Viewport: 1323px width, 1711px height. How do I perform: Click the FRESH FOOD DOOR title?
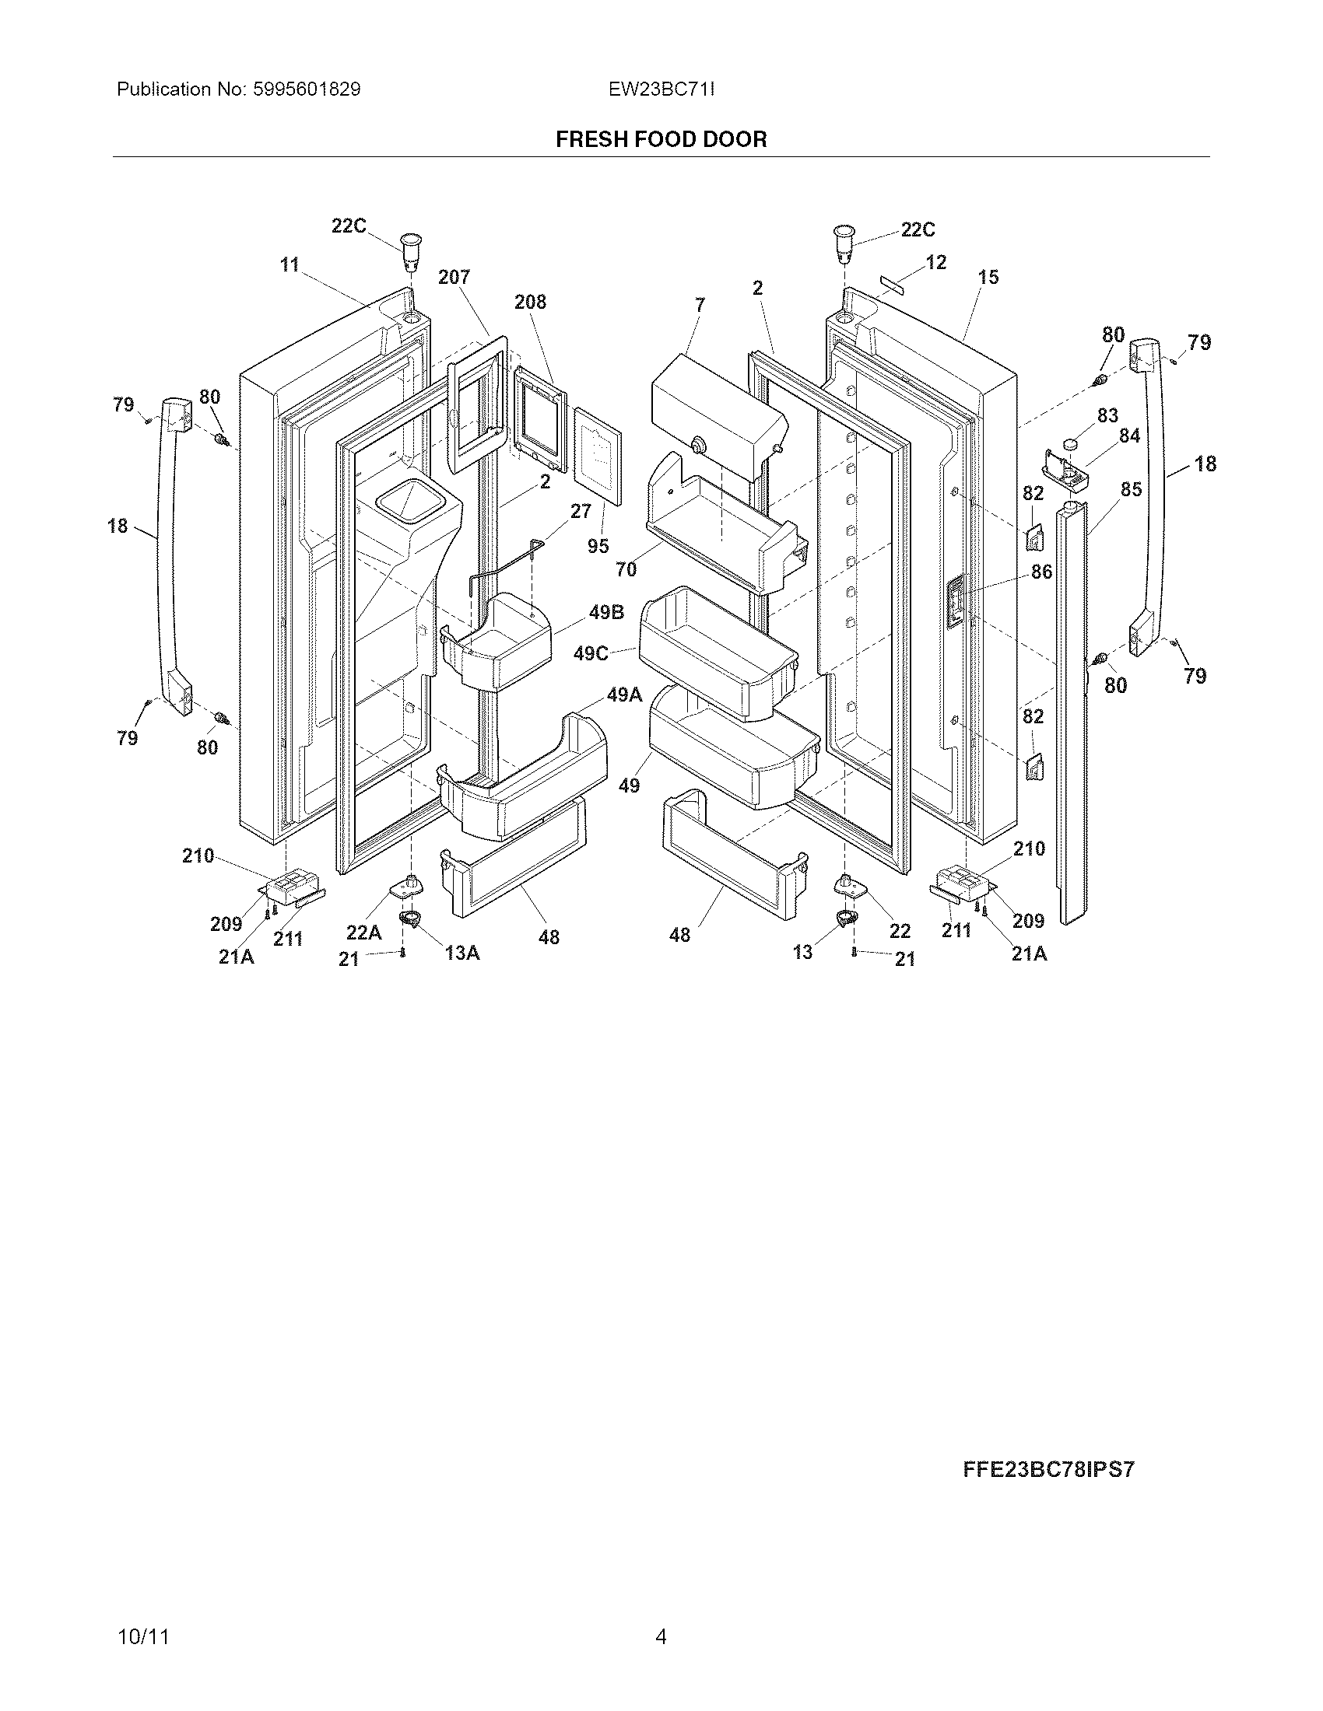[661, 139]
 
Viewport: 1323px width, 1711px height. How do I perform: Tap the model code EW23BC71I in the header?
[661, 89]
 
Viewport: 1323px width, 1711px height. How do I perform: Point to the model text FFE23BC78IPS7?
[1048, 1469]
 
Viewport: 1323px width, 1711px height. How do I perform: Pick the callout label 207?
[454, 277]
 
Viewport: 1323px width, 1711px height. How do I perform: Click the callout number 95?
[598, 546]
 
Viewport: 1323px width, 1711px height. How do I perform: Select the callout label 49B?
[605, 612]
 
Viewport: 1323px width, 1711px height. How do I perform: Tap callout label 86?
[1041, 572]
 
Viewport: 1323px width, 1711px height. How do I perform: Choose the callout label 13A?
[461, 953]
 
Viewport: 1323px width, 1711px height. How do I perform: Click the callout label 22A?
[363, 932]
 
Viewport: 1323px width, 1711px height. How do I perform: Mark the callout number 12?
[935, 262]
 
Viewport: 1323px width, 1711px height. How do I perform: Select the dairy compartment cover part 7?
[718, 415]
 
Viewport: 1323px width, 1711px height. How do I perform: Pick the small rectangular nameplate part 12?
[886, 282]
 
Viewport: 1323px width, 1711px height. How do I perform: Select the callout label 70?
[626, 569]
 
